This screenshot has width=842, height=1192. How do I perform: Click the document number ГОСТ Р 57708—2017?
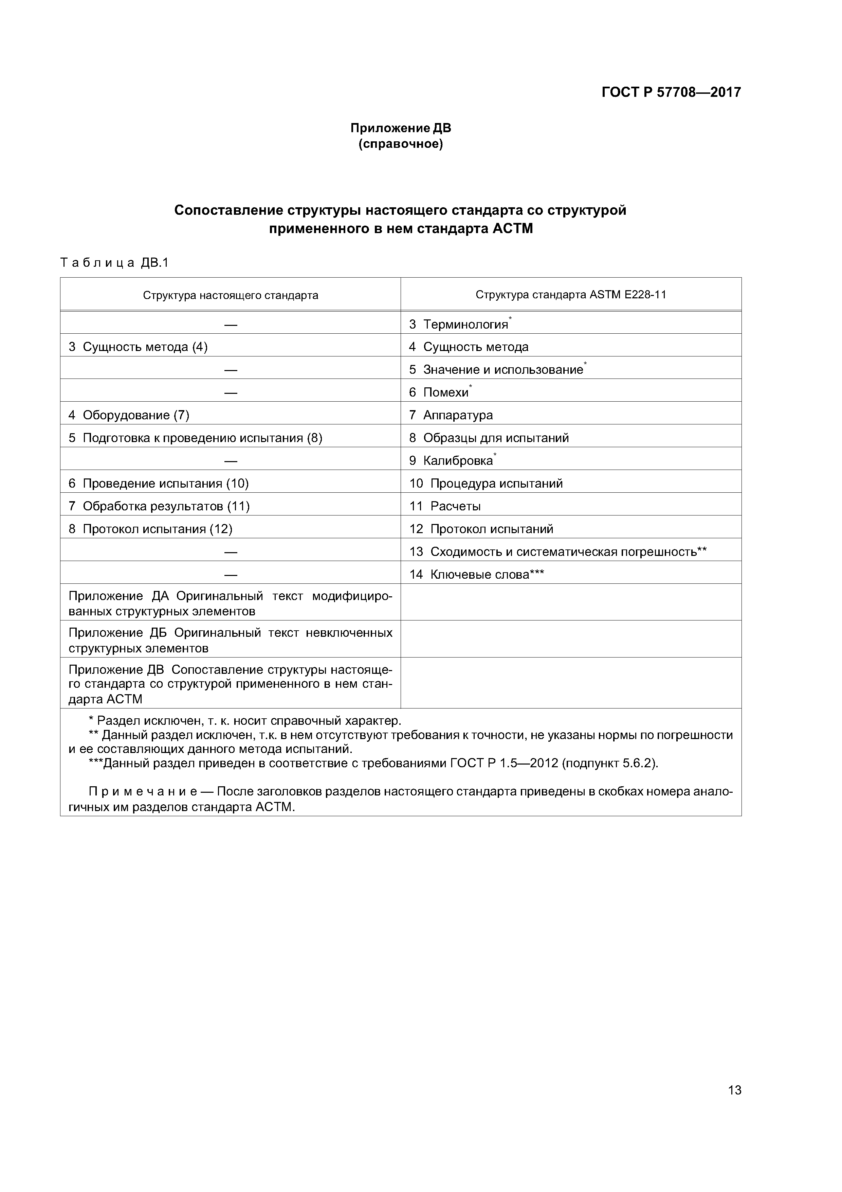671,92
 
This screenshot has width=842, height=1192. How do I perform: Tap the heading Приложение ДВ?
401,128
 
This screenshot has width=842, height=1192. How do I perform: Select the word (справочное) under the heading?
401,144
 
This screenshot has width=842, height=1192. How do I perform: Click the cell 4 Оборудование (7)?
129,415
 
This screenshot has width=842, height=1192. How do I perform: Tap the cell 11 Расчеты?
445,506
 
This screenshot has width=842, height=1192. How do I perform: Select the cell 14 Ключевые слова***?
476,575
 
